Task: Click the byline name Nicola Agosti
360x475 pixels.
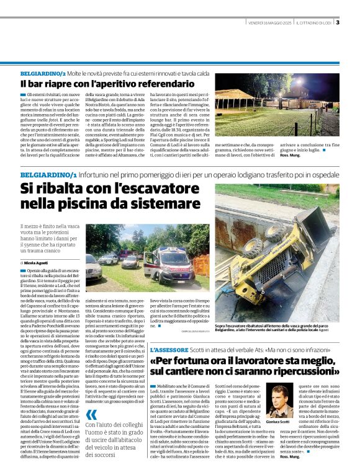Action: click(41, 263)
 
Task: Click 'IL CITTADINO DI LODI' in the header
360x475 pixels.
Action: click(314, 24)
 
